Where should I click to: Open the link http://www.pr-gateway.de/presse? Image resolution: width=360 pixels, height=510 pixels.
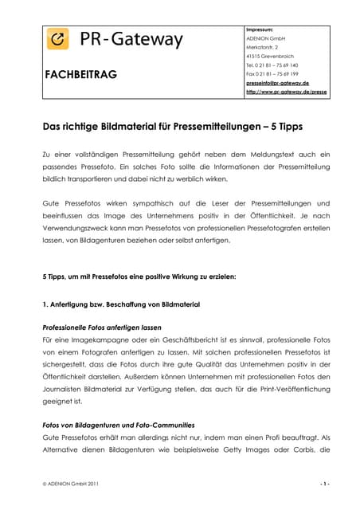click(287, 92)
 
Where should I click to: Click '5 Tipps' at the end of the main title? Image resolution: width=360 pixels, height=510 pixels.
click(298, 125)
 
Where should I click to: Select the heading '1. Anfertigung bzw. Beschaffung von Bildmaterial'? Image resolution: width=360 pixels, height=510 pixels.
click(120, 305)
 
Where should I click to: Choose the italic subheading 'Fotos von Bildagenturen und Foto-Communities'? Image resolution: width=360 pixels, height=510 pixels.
click(118, 425)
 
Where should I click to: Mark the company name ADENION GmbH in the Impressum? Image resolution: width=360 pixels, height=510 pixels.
click(267, 38)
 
